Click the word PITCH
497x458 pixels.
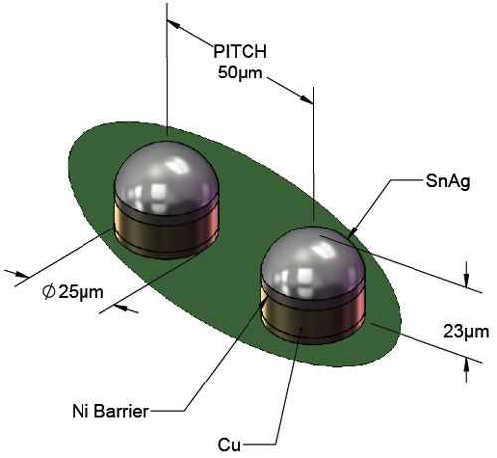tap(240, 52)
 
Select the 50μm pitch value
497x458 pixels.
tap(240, 73)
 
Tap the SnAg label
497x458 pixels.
tap(448, 182)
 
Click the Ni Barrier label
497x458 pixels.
tap(110, 411)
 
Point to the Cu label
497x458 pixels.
tap(229, 445)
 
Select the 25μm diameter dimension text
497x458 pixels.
tap(82, 292)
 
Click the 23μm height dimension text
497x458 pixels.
tap(466, 332)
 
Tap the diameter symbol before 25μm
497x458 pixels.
tap(49, 292)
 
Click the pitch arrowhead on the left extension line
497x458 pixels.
tap(173, 24)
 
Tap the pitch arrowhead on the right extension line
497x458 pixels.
tap(306, 99)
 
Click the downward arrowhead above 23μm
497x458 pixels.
tap(466, 280)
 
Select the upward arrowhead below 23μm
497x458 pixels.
tap(466, 367)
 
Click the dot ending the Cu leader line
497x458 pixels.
tap(301, 328)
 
